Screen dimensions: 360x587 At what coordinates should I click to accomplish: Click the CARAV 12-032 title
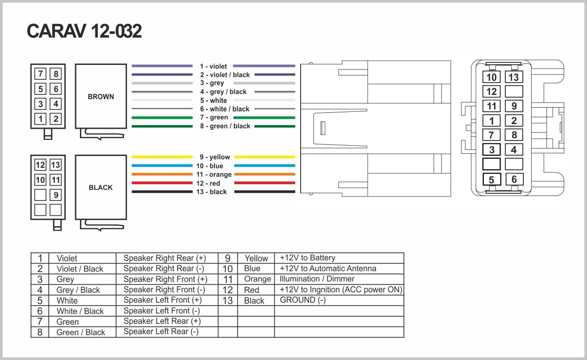click(84, 31)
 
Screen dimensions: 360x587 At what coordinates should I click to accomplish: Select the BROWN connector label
click(100, 96)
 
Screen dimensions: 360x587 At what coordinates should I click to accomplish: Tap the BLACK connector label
click(100, 187)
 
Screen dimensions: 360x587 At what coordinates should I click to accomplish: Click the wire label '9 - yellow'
click(215, 157)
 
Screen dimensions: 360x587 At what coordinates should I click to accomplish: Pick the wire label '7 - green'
click(214, 117)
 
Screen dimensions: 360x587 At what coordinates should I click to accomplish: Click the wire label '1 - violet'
click(213, 67)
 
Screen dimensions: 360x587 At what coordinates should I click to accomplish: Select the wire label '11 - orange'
click(214, 174)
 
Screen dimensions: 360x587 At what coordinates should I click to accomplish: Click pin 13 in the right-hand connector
click(513, 77)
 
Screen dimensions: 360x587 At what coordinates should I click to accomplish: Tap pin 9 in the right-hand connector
click(514, 106)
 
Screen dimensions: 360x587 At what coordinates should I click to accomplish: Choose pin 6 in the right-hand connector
click(514, 179)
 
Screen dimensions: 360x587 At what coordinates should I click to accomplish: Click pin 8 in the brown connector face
click(55, 74)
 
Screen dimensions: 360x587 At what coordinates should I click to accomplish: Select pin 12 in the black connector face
click(40, 164)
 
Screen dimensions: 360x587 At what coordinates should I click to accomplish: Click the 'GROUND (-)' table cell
click(302, 300)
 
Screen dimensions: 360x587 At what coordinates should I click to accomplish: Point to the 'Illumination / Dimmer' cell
click(317, 279)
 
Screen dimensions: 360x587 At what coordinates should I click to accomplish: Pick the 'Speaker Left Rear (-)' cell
click(161, 331)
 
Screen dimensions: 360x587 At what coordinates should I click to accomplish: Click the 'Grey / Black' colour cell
click(78, 290)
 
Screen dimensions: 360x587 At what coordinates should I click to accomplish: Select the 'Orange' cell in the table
click(257, 279)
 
